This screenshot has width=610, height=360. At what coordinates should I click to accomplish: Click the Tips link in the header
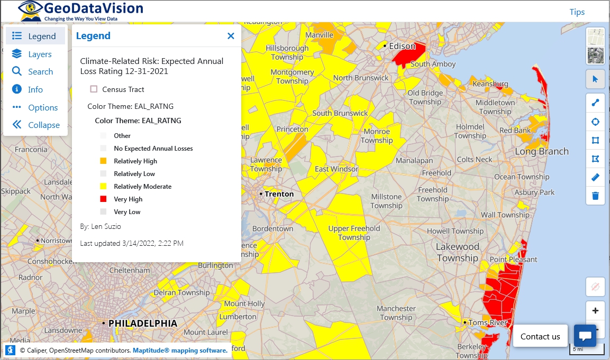pyautogui.click(x=577, y=12)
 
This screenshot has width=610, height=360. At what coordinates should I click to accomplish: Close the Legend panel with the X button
pyautogui.click(x=231, y=36)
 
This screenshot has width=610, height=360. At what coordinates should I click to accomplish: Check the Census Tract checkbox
pyautogui.click(x=94, y=89)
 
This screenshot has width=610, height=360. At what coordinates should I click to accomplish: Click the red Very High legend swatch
pyautogui.click(x=103, y=199)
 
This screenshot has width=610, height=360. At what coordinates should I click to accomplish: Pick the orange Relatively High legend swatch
pyautogui.click(x=103, y=161)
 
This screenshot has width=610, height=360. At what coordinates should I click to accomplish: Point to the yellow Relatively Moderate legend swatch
pyautogui.click(x=103, y=187)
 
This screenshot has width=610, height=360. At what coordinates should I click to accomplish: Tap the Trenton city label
pyautogui.click(x=279, y=194)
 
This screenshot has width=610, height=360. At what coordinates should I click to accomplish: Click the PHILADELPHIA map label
pyautogui.click(x=142, y=323)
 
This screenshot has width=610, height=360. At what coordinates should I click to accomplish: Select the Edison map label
pyautogui.click(x=402, y=46)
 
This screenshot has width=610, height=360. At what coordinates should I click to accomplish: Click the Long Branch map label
pyautogui.click(x=542, y=152)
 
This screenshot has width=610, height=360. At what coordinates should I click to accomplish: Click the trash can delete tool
pyautogui.click(x=595, y=196)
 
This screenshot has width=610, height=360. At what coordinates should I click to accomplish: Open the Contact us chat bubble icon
pyautogui.click(x=585, y=336)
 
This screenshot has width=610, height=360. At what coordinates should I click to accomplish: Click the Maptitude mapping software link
pyautogui.click(x=180, y=350)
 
